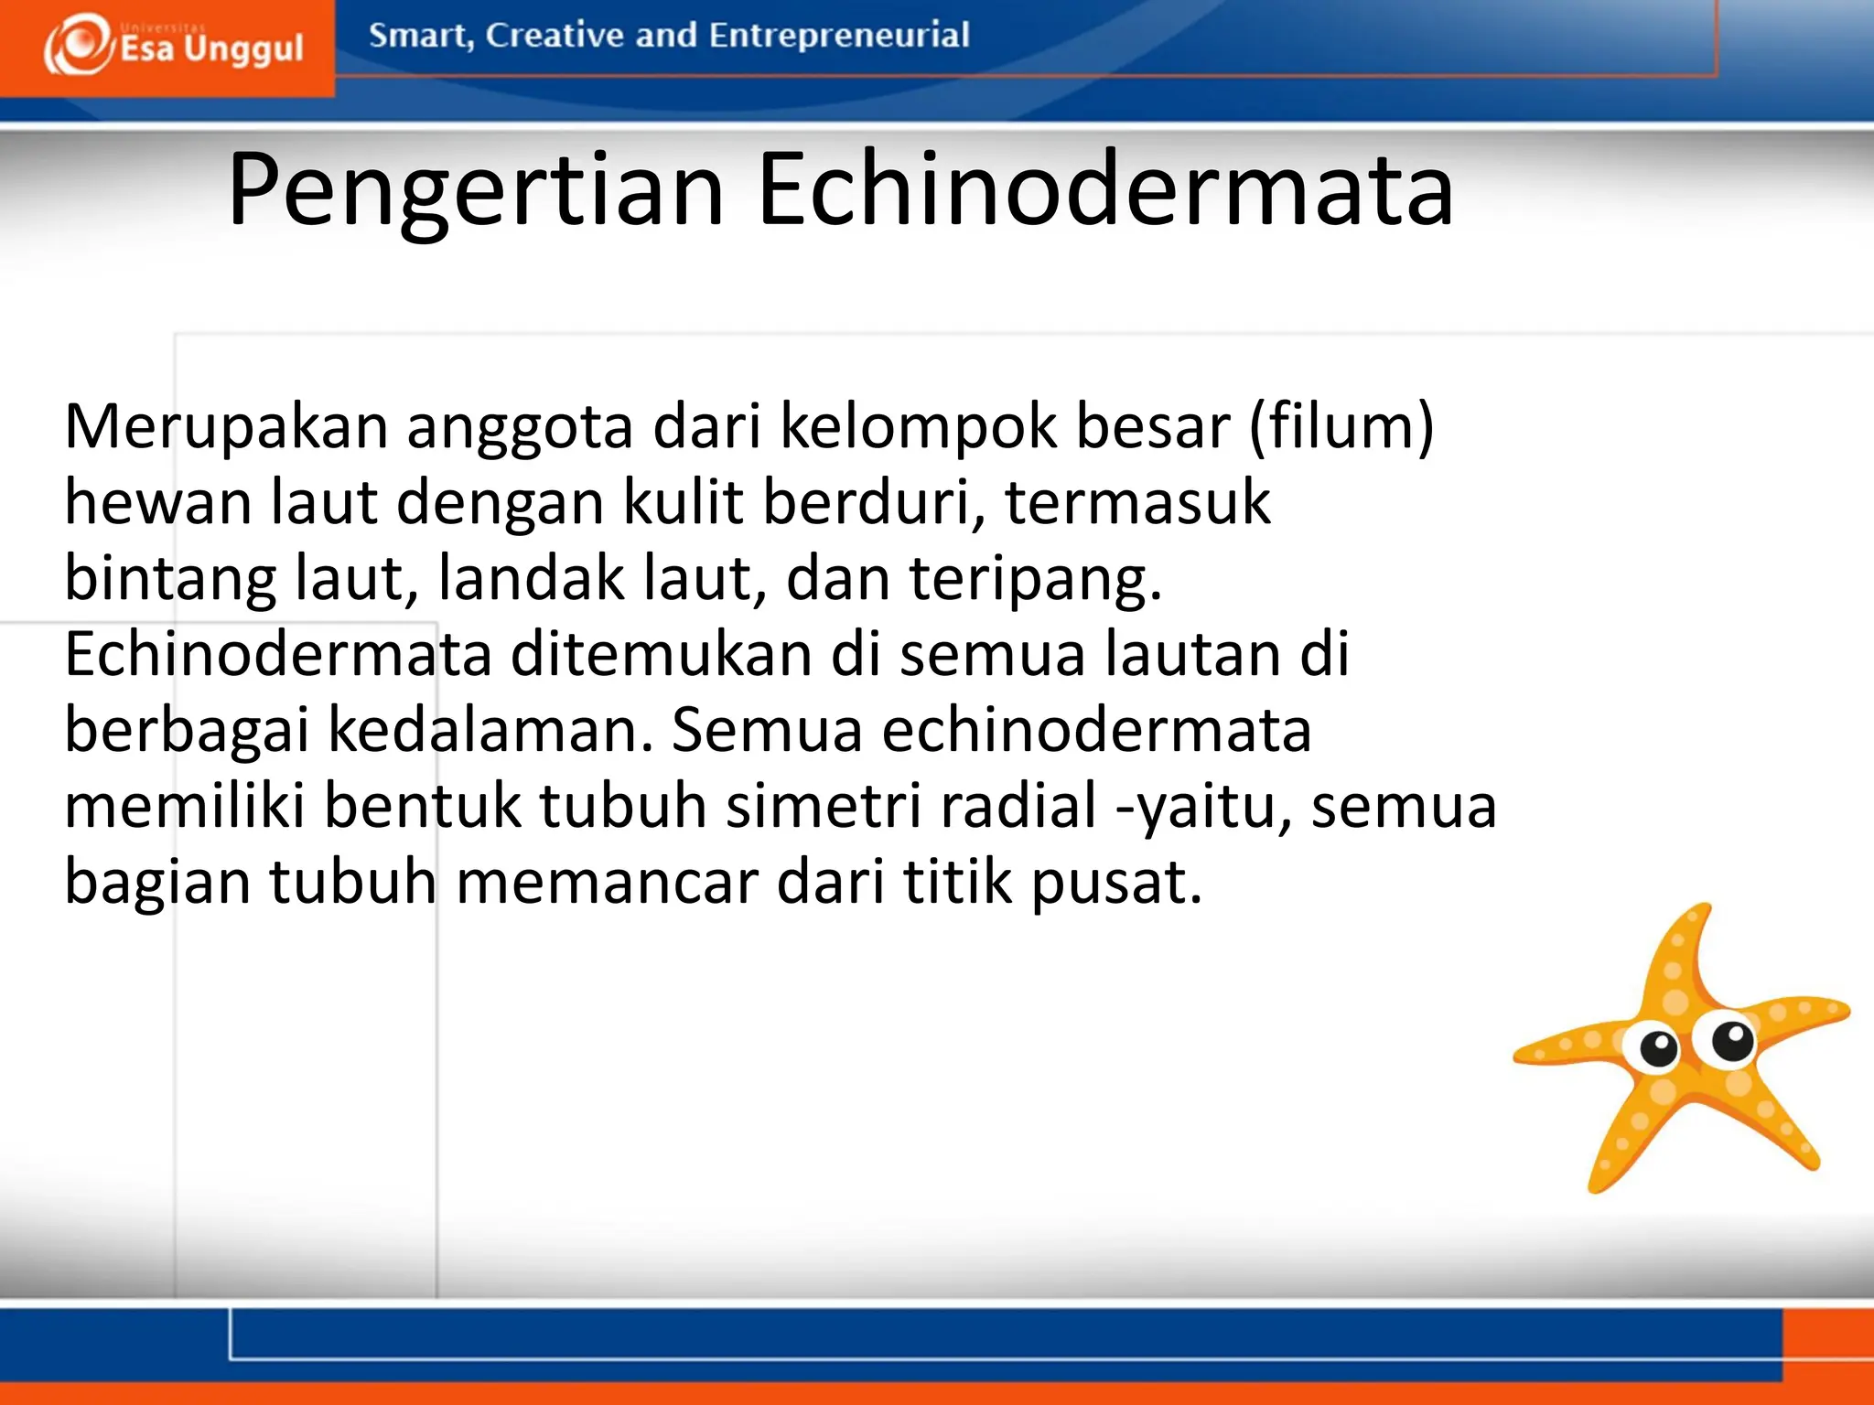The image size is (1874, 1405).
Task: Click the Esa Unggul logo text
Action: pos(210,48)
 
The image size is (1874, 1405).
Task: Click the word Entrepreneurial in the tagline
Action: pos(838,36)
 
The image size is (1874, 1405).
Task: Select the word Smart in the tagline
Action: pos(420,36)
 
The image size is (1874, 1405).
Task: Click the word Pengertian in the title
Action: pos(476,190)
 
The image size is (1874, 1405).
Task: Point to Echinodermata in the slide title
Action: pos(1104,190)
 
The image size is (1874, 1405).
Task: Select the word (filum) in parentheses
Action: pos(1341,427)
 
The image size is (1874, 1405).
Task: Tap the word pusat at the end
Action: pos(1116,883)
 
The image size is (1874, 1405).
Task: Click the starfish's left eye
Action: pos(1658,1046)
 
